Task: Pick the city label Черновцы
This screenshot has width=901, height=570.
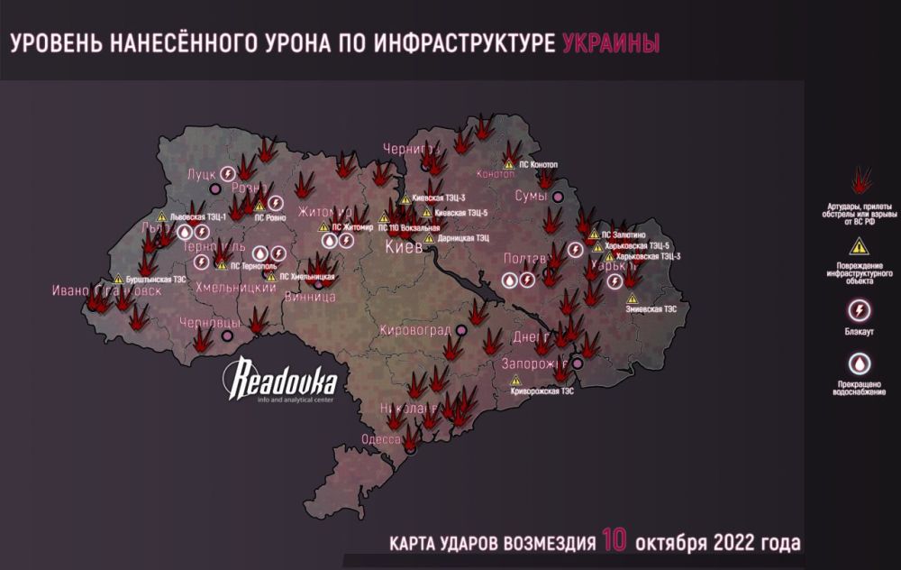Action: pos(209,323)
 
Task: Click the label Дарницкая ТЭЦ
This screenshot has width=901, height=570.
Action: pos(463,238)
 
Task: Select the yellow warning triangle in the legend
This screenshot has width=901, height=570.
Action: pos(860,245)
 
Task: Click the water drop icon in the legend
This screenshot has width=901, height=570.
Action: pos(860,363)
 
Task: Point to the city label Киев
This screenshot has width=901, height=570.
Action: pos(403,248)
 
